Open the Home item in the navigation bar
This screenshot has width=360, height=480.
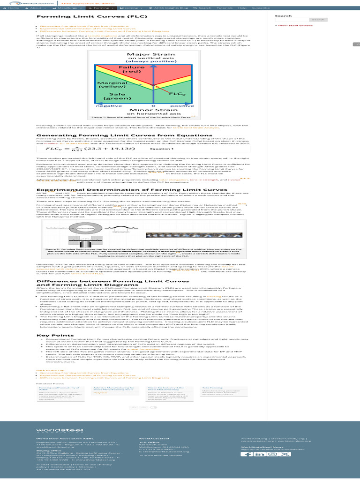click(x=14, y=8)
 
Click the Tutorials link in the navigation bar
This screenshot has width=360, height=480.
click(x=227, y=8)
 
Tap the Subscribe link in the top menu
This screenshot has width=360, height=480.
click(x=260, y=8)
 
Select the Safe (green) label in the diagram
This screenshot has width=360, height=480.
click(x=114, y=96)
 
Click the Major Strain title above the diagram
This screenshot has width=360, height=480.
click(x=148, y=55)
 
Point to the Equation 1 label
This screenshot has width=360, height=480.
click(x=161, y=149)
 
